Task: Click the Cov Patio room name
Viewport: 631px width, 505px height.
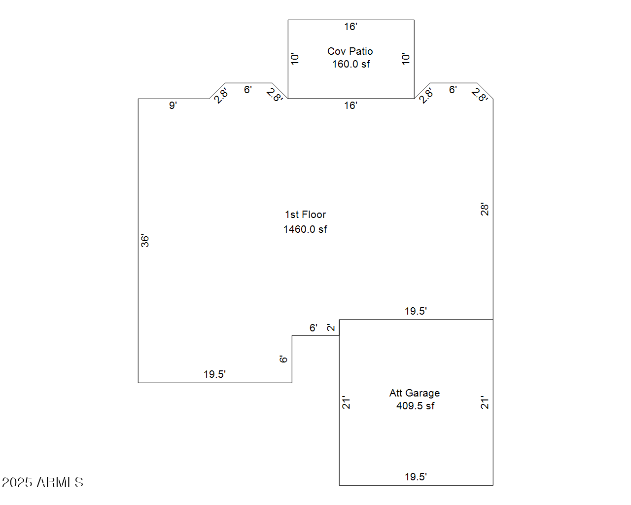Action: pyautogui.click(x=350, y=51)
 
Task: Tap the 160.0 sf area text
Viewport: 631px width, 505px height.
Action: pyautogui.click(x=351, y=64)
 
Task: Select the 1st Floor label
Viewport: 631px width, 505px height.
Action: pyautogui.click(x=305, y=215)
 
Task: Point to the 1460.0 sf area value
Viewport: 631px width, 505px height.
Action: pyautogui.click(x=305, y=229)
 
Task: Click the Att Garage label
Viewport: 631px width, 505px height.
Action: pyautogui.click(x=414, y=393)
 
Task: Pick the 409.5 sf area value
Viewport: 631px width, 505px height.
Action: pyautogui.click(x=415, y=406)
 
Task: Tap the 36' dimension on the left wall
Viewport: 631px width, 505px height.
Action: pyautogui.click(x=145, y=241)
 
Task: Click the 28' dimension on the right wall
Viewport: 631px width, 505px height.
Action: pyautogui.click(x=485, y=209)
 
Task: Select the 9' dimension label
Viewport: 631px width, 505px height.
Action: pyautogui.click(x=173, y=106)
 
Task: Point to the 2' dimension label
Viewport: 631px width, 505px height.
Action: pyautogui.click(x=330, y=327)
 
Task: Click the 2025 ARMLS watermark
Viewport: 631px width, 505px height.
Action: pyautogui.click(x=42, y=482)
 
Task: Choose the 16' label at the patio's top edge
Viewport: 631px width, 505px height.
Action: pyautogui.click(x=351, y=27)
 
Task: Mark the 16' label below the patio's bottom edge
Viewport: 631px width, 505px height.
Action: pyautogui.click(x=351, y=106)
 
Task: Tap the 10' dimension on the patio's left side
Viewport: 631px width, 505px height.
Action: pyautogui.click(x=294, y=59)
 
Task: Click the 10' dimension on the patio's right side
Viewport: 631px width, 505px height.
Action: pyautogui.click(x=405, y=59)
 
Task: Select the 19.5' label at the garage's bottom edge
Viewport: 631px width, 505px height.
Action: pyautogui.click(x=416, y=477)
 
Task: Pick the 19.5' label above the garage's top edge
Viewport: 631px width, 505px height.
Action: pyautogui.click(x=416, y=311)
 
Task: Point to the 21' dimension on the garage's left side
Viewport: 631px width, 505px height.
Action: pyautogui.click(x=346, y=402)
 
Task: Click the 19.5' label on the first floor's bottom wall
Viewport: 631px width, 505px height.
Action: pyautogui.click(x=214, y=374)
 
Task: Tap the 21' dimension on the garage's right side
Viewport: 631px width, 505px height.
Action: pyautogui.click(x=485, y=402)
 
